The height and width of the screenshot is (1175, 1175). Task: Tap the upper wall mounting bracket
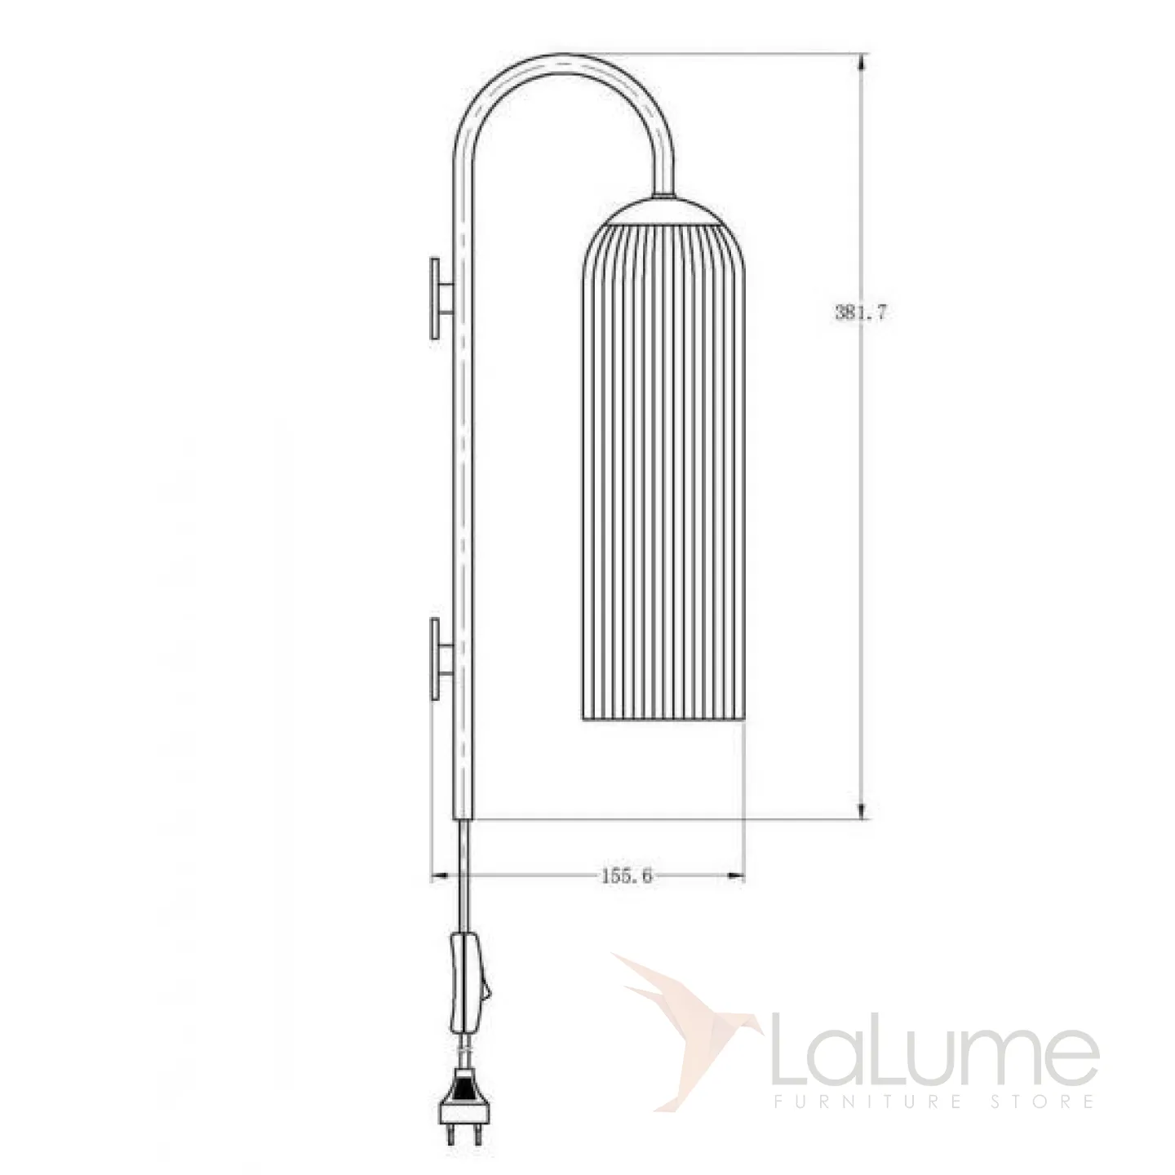441,298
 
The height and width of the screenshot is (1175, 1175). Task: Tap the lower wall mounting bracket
441,658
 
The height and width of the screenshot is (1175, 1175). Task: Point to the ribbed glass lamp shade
661,472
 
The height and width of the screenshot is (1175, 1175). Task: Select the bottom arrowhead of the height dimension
860,809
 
